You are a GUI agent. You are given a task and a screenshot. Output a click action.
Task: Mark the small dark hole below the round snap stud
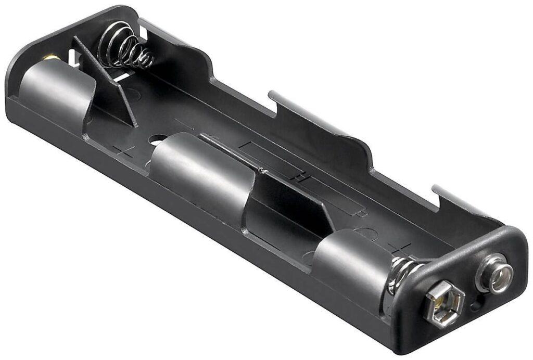tap(476, 304)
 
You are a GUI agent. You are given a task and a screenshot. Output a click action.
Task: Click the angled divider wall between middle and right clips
tap(291, 203)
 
